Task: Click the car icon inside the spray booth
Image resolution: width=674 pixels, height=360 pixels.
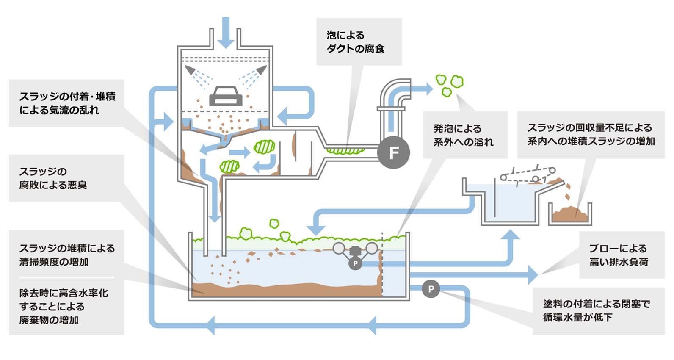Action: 226,96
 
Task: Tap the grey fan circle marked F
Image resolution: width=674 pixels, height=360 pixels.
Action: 393,152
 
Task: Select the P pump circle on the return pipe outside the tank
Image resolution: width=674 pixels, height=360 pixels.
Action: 431,289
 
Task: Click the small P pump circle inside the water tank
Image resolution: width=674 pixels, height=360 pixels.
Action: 355,263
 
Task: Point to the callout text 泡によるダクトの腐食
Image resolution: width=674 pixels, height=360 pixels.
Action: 356,42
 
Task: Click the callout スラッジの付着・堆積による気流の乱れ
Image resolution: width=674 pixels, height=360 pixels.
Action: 67,103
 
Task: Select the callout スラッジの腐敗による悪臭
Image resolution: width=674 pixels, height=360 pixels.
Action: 53,178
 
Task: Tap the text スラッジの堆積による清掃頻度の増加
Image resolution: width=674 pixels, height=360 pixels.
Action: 67,255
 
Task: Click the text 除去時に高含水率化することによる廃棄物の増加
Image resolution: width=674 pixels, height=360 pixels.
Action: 64,306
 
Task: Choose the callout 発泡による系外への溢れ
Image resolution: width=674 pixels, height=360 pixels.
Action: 463,135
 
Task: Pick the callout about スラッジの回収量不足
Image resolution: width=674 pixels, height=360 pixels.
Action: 591,134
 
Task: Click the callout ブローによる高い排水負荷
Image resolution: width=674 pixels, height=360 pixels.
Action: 619,255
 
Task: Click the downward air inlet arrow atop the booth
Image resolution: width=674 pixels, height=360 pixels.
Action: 226,34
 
